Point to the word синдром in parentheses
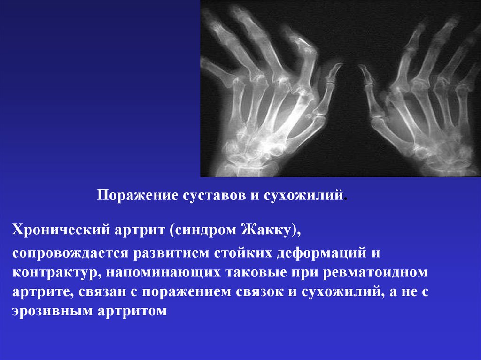pos(205,230)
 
